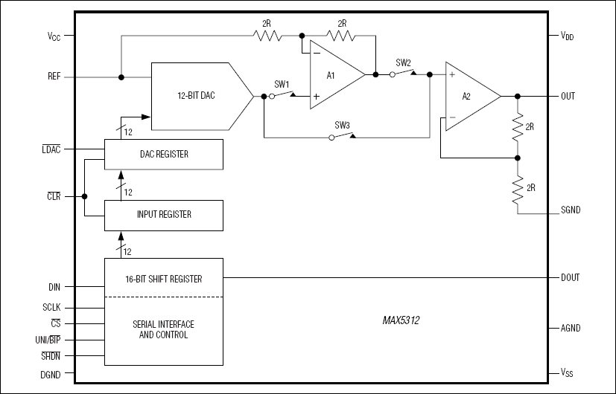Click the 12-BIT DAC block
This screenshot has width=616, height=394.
[195, 96]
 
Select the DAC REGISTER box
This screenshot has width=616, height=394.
[163, 154]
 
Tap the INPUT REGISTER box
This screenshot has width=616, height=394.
[163, 214]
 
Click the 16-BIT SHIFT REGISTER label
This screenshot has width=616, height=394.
[163, 279]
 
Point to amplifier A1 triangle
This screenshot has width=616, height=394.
[334, 74]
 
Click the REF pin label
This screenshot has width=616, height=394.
[54, 76]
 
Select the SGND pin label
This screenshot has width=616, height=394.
[570, 210]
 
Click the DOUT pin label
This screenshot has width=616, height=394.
[570, 277]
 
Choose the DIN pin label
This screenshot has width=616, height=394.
[54, 285]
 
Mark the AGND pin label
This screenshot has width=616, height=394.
[570, 328]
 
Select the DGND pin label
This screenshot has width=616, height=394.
[51, 374]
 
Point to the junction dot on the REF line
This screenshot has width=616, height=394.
[121, 77]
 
